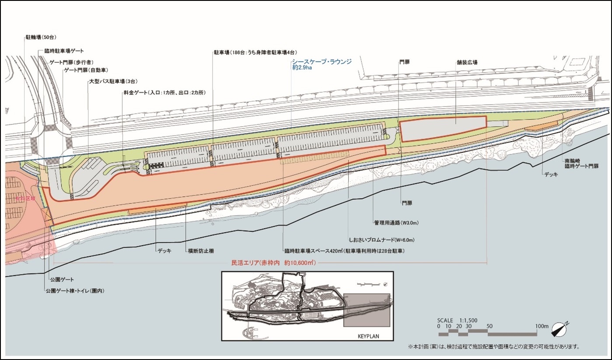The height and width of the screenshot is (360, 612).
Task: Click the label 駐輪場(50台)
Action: pyautogui.click(x=41, y=38)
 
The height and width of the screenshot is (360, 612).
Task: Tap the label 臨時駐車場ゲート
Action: pyautogui.click(x=64, y=51)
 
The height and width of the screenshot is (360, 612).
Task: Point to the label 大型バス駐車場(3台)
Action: pyautogui.click(x=107, y=81)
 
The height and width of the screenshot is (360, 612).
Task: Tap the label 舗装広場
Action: pyautogui.click(x=466, y=63)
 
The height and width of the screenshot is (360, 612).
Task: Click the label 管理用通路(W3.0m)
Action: pyautogui.click(x=396, y=223)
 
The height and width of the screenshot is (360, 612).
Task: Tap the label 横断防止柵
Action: pyautogui.click(x=201, y=251)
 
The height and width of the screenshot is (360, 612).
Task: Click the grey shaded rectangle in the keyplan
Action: pyautogui.click(x=366, y=310)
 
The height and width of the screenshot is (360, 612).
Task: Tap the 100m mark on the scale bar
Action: pyautogui.click(x=541, y=326)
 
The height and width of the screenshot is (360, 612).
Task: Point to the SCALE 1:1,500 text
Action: pyautogui.click(x=457, y=320)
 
